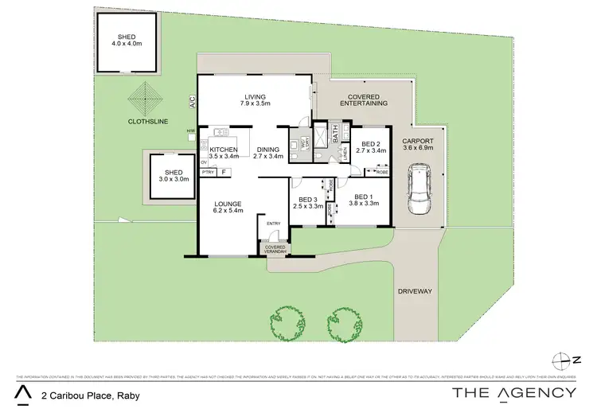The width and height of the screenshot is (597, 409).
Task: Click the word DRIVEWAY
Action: pos(415,291)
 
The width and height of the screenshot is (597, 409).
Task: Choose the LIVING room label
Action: pos(256,100)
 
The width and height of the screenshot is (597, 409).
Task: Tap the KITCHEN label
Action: pos(224,153)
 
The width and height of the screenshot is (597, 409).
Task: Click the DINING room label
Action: pos(267,153)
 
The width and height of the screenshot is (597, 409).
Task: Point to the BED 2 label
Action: pos(370,146)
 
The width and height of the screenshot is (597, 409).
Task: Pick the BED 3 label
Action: pos(308,203)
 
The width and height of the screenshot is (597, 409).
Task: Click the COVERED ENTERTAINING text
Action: pos(363,99)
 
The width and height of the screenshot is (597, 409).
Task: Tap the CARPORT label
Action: pos(429,144)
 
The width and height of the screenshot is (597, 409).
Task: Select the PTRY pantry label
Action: pos(208,172)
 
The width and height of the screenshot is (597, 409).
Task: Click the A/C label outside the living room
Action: pos(192,101)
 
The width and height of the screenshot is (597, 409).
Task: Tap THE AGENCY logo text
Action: pos(513,391)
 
